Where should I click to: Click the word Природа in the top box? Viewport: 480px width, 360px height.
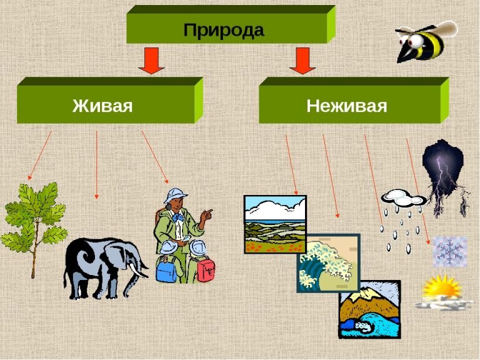(x=224, y=29)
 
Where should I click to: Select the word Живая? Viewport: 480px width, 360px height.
(x=102, y=104)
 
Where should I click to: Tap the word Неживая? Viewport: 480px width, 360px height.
(x=346, y=105)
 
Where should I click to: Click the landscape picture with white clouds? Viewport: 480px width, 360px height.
(x=274, y=224)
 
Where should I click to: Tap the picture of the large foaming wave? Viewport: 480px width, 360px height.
(x=328, y=263)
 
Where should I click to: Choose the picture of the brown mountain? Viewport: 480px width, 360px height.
(x=369, y=309)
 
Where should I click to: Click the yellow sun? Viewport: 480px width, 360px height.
(x=441, y=289)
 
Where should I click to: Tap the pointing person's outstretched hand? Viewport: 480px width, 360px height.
(x=207, y=214)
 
